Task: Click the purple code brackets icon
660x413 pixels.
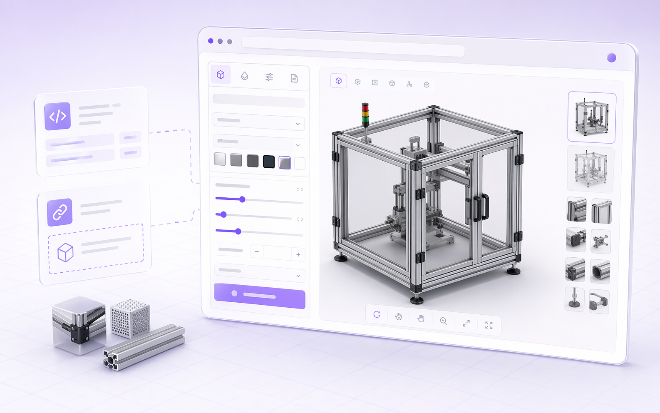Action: (x=57, y=116)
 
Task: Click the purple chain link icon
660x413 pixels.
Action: (x=60, y=212)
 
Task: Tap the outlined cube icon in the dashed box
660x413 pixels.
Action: (x=65, y=252)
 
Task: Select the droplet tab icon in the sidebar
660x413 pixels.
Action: (x=245, y=76)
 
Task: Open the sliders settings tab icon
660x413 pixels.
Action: (x=269, y=77)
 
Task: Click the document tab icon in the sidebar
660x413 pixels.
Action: (x=294, y=78)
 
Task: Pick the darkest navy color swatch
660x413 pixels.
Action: (x=269, y=162)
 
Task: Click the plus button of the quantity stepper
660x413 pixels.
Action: (x=298, y=254)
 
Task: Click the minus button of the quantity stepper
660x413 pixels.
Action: (x=257, y=252)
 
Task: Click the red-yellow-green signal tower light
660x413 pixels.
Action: (x=365, y=114)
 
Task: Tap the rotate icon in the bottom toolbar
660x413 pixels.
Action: (x=377, y=315)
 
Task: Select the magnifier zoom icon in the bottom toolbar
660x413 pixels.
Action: (x=443, y=321)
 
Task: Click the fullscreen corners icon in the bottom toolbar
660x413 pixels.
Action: (x=489, y=326)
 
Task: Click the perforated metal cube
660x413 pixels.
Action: (x=131, y=318)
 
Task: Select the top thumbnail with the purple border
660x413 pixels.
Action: (x=591, y=117)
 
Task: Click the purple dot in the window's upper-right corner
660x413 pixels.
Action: (x=611, y=58)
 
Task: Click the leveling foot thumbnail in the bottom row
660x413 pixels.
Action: (x=574, y=299)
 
